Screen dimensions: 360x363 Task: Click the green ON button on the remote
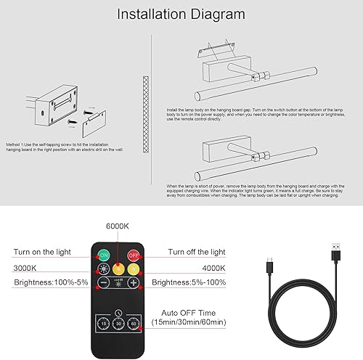[103, 255]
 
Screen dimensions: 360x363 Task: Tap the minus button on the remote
[103, 282]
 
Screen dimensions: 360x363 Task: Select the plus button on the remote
[134, 282]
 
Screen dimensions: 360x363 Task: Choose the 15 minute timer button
[105, 322]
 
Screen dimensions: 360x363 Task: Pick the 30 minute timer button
[118, 322]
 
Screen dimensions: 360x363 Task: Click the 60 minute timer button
[133, 322]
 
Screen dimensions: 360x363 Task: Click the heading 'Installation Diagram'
[181, 15]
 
